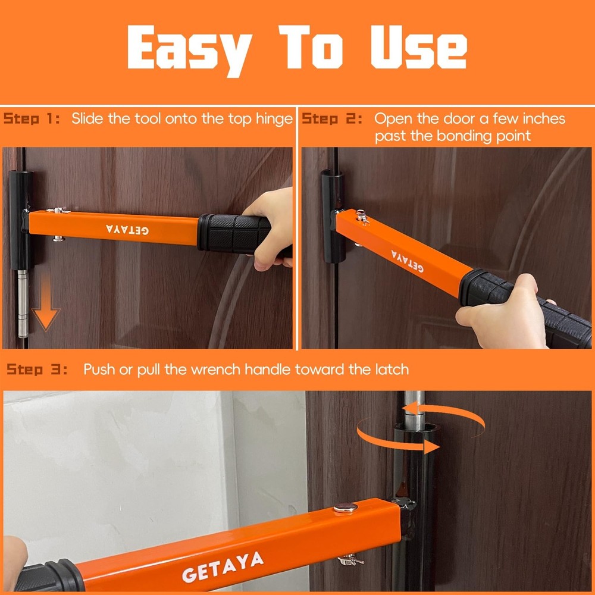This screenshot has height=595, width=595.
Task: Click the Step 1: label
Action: (x=32, y=118)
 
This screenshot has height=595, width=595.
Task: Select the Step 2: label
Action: (x=332, y=118)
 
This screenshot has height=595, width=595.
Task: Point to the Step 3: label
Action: (x=37, y=369)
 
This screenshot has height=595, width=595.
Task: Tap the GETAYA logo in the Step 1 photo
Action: (x=128, y=228)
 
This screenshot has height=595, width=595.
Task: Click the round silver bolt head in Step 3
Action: (x=345, y=508)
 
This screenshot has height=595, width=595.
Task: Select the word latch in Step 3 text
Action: (x=390, y=369)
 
